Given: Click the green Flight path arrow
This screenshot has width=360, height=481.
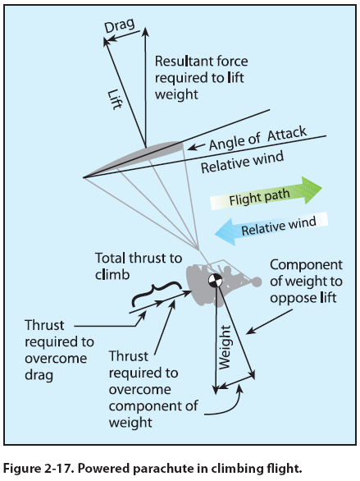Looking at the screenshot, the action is tap(266, 195).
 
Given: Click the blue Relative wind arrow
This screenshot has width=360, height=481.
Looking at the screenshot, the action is tap(271, 228).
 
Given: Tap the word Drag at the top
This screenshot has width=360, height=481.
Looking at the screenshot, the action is tap(120, 25).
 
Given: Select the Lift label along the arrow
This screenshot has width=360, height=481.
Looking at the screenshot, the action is tap(115, 99).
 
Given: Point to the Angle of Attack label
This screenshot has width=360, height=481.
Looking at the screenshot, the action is tap(258, 138).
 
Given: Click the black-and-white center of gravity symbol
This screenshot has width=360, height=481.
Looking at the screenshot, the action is tap(216, 281).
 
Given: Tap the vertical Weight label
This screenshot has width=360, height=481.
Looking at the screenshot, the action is tap(225, 347).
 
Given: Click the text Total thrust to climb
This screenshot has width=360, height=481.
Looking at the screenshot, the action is tap(139, 266).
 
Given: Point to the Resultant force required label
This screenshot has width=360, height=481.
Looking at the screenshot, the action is tap(201, 77).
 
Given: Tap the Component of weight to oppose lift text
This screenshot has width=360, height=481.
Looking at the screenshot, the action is tap(306, 282).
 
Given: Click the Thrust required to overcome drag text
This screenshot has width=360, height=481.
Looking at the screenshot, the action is tap(59, 350).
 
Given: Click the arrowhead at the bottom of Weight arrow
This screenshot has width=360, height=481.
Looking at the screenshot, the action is tap(216, 391).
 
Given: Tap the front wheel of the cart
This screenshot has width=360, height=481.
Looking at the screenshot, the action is tap(257, 282).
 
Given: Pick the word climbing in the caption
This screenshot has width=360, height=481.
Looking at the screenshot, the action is tap(236, 470).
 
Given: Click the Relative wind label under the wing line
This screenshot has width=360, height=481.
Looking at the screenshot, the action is tap(243, 162).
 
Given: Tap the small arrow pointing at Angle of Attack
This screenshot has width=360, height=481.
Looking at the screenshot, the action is tap(196, 147).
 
